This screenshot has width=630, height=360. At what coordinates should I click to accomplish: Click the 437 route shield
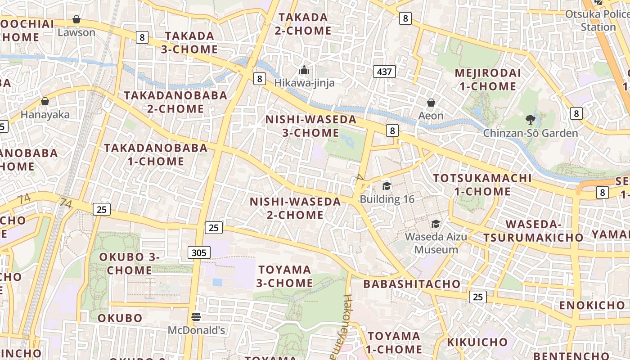click(x=384, y=71)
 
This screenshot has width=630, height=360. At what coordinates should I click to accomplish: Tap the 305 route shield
click(x=199, y=252)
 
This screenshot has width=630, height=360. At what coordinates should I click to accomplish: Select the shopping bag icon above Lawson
click(x=76, y=20)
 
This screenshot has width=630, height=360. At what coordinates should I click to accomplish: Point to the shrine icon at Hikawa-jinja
click(x=304, y=70)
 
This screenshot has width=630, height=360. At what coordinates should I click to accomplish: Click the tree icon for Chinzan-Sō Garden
click(x=530, y=120)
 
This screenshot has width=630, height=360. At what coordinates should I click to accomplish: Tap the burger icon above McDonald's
click(x=196, y=317)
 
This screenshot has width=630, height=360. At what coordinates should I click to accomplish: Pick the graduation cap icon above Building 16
click(x=387, y=186)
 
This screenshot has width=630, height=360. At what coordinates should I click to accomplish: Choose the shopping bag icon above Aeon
click(x=431, y=103)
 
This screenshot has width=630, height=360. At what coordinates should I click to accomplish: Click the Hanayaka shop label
click(x=45, y=115)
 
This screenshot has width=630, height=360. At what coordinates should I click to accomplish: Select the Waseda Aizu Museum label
click(x=436, y=243)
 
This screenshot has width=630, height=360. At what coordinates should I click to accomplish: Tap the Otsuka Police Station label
click(x=597, y=20)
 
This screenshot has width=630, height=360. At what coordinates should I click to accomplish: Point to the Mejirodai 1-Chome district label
click(x=488, y=80)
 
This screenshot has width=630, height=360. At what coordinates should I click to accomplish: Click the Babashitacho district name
click(x=412, y=284)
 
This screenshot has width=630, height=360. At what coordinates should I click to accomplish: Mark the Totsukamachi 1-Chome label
click(x=482, y=184)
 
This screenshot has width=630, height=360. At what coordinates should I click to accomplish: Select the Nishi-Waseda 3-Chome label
click(x=310, y=126)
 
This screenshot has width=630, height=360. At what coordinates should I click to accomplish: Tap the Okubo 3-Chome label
click(x=130, y=264)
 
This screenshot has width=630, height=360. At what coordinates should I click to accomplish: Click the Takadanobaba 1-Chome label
click(x=156, y=154)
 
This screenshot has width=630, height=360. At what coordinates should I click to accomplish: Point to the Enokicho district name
click(x=592, y=306)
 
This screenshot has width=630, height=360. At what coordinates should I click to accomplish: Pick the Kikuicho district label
click(x=477, y=342)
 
